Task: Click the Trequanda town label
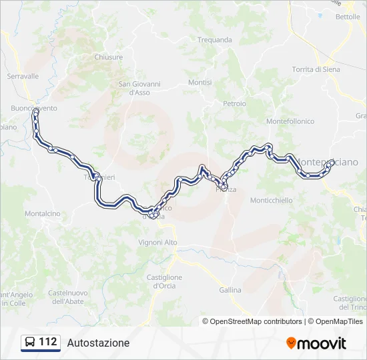214,40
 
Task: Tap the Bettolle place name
348,17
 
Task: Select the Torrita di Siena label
316,69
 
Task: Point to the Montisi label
200,83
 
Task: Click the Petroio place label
235,104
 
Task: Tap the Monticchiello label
271,200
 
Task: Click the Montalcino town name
43,213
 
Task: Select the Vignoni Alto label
157,242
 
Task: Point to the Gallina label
230,291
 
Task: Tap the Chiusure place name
109,57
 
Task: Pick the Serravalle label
23,77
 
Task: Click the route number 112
47,342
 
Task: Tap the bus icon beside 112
30,343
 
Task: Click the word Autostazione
98,343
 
